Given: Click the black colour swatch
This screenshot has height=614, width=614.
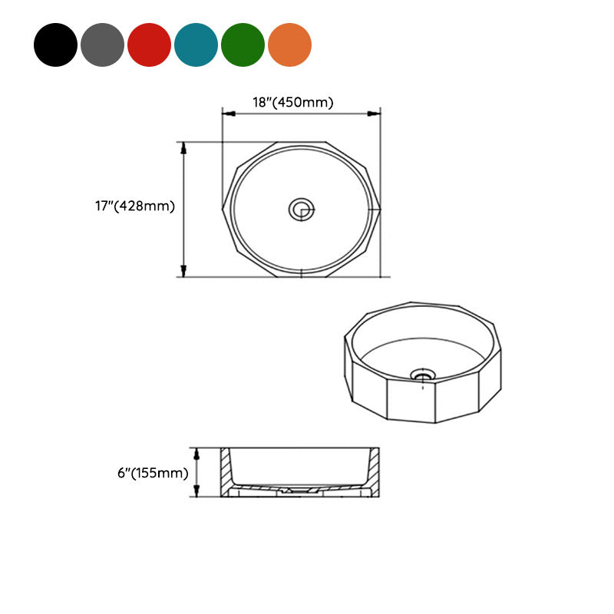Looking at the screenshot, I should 55,45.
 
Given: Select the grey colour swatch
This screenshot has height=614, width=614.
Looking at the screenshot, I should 102,45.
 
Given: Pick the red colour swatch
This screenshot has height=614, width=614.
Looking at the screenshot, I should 149,45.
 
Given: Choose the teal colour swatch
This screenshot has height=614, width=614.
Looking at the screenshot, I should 196,45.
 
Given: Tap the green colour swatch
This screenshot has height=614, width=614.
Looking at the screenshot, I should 243,45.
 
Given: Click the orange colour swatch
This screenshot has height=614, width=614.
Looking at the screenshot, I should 289,45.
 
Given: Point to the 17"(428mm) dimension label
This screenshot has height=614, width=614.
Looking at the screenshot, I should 135,206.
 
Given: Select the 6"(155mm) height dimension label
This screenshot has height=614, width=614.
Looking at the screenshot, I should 153,473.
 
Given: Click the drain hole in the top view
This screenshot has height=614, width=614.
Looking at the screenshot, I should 302,209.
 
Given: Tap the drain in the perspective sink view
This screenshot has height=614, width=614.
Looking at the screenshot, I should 423,375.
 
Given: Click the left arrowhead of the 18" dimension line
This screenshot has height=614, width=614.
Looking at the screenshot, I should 227,114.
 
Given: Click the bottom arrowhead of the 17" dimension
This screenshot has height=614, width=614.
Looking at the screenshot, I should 183,271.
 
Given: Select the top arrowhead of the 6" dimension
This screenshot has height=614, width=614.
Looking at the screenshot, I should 197,453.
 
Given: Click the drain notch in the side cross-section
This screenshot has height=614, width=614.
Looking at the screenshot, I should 299,489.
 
